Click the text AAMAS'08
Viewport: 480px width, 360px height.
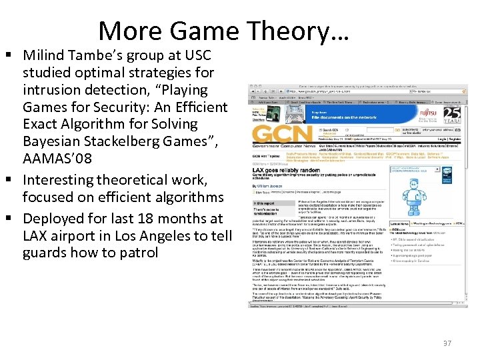[57, 159]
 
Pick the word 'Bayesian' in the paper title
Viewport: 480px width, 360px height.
[49, 141]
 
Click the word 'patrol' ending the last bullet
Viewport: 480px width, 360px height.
[139, 253]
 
